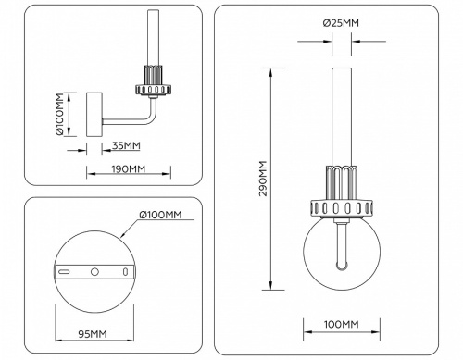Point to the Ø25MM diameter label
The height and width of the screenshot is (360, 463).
pyautogui.click(x=342, y=22)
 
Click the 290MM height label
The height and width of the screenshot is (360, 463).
pyautogui.click(x=263, y=177)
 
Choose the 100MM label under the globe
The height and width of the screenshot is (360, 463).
pyautogui.click(x=342, y=324)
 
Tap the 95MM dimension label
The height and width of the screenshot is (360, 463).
pyautogui.click(x=92, y=334)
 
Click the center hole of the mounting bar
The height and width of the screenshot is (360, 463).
pyautogui.click(x=93, y=272)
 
